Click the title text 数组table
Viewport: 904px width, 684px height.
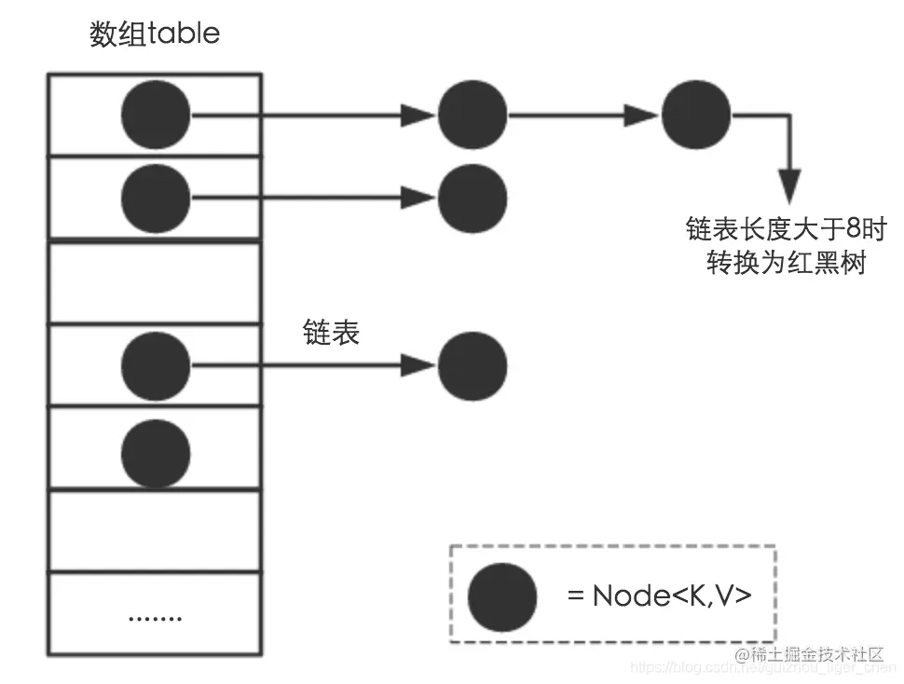pyautogui.click(x=155, y=34)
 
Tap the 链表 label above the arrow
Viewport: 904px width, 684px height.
pyautogui.click(x=331, y=333)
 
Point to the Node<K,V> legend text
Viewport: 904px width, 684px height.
pyautogui.click(x=659, y=596)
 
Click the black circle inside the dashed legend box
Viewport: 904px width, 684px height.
pyautogui.click(x=502, y=597)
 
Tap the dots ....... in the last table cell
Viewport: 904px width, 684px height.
pyautogui.click(x=155, y=617)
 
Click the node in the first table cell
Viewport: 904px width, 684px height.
pyautogui.click(x=156, y=116)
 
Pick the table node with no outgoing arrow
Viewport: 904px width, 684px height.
pyautogui.click(x=156, y=453)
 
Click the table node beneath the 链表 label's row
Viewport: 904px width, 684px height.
pyautogui.click(x=156, y=365)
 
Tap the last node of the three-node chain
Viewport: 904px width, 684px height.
pyautogui.click(x=696, y=116)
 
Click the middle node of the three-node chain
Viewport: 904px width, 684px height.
pyautogui.click(x=473, y=116)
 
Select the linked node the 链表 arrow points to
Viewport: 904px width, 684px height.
pyautogui.click(x=473, y=365)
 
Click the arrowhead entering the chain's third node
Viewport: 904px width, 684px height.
pyautogui.click(x=642, y=116)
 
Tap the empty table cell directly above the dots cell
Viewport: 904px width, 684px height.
pyautogui.click(x=155, y=531)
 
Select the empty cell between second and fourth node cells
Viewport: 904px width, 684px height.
pyautogui.click(x=155, y=281)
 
